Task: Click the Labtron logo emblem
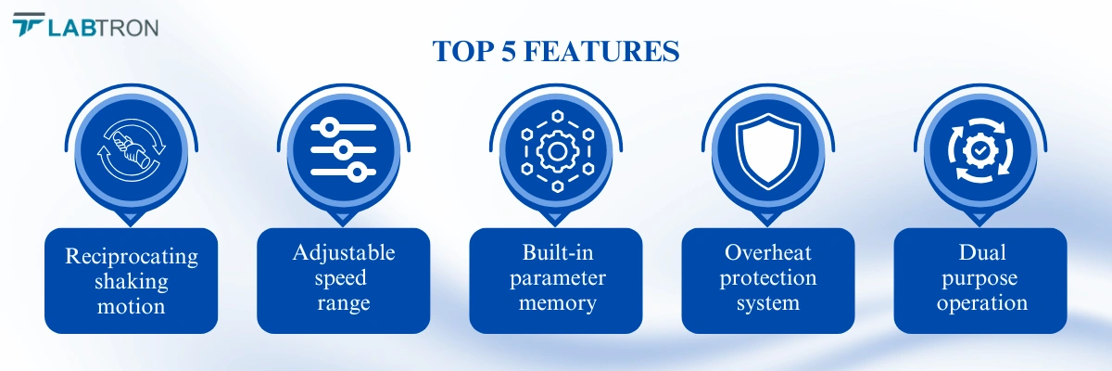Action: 29,24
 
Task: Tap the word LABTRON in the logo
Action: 103,28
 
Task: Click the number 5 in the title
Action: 509,51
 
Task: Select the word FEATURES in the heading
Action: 601,51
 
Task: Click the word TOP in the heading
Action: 463,51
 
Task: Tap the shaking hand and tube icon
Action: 132,150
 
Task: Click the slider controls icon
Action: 343,150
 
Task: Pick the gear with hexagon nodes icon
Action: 558,151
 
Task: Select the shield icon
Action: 768,151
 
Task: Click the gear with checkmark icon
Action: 980,150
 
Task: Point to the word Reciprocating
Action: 132,257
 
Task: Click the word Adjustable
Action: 344,253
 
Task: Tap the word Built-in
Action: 558,253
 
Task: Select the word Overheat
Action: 768,253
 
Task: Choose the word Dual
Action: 982,253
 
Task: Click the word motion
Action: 131,306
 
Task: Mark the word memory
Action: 558,304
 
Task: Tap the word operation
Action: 982,303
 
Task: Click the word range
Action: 344,304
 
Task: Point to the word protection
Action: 768,278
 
